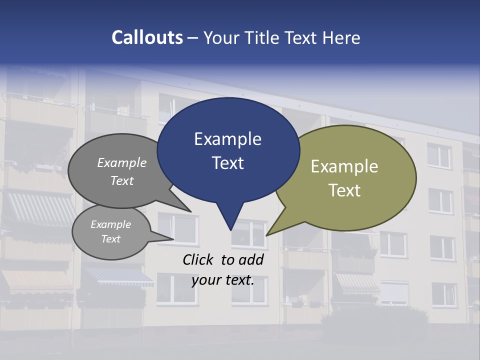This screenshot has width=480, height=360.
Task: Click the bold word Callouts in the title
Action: click(x=147, y=37)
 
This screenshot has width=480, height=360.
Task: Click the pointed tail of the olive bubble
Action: click(x=268, y=234)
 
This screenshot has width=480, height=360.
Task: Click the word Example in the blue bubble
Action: click(x=227, y=139)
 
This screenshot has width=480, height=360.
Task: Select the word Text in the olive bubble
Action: click(x=344, y=190)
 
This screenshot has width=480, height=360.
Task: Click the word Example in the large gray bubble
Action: click(x=122, y=163)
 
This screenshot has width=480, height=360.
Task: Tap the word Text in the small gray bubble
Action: click(x=110, y=239)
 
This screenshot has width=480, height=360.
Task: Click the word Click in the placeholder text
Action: click(x=198, y=259)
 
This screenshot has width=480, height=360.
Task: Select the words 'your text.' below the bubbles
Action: click(x=222, y=280)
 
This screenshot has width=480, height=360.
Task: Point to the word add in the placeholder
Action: click(x=251, y=259)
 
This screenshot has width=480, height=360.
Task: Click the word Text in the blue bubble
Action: click(x=227, y=163)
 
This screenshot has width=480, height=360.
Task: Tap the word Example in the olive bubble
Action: click(x=344, y=166)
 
